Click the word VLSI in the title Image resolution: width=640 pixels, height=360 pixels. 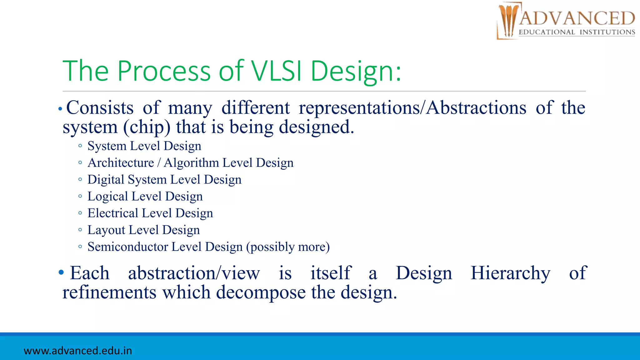point(276,71)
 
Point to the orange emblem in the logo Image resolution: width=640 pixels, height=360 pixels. point(508,21)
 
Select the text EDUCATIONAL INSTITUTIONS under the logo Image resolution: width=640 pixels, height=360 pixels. point(577,32)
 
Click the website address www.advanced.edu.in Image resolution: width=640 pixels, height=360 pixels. point(78,351)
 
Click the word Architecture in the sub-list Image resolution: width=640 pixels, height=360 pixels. point(121,163)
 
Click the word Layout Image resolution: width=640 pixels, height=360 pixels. point(106,230)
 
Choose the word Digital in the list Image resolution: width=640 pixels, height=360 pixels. point(106,180)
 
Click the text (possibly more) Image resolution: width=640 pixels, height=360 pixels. point(288,247)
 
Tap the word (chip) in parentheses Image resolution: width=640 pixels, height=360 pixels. point(147,127)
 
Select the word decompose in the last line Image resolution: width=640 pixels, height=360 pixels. point(261,293)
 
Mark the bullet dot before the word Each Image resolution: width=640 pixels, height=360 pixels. point(61,272)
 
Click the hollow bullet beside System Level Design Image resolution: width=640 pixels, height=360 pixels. point(80,146)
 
